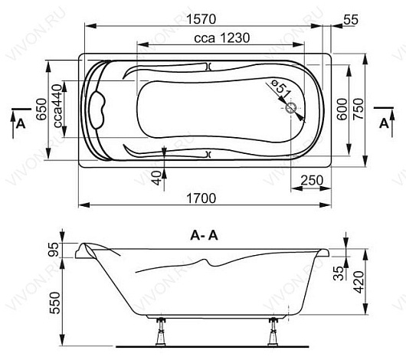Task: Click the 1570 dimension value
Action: pos(201,19)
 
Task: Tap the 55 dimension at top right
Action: pos(351,20)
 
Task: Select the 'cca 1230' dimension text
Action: pos(222,38)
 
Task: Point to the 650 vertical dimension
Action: pos(41,110)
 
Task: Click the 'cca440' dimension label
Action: pos(58,106)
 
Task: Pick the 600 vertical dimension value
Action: pos(342,109)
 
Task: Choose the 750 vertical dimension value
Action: pos(359,109)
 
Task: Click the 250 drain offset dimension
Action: pos(312,180)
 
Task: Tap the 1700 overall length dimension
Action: pos(201,198)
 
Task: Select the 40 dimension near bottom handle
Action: pos(156,178)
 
